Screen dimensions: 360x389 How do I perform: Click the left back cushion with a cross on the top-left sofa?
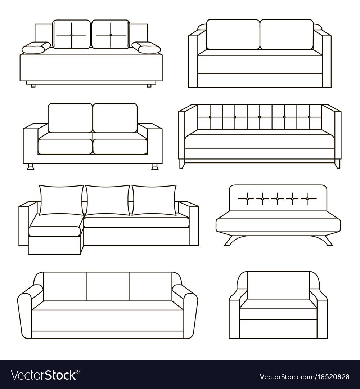tap(71, 35)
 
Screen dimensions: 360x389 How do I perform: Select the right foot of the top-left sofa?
tap(149, 86)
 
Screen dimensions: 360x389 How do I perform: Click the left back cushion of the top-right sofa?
tap(233, 35)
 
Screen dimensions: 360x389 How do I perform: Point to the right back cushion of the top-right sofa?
tap(287, 35)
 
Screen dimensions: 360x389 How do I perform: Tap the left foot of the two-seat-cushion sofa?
tap(31, 166)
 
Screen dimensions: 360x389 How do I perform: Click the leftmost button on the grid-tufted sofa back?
tap(210, 117)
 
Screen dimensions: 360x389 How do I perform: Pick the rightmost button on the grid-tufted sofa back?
tap(309, 117)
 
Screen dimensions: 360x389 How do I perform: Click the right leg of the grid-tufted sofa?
tap(337, 164)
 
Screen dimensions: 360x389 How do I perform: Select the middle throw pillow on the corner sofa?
tap(108, 200)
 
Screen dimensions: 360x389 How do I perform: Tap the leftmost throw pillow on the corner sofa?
tap(61, 200)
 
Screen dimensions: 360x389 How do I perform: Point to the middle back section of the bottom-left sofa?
tap(108, 287)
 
